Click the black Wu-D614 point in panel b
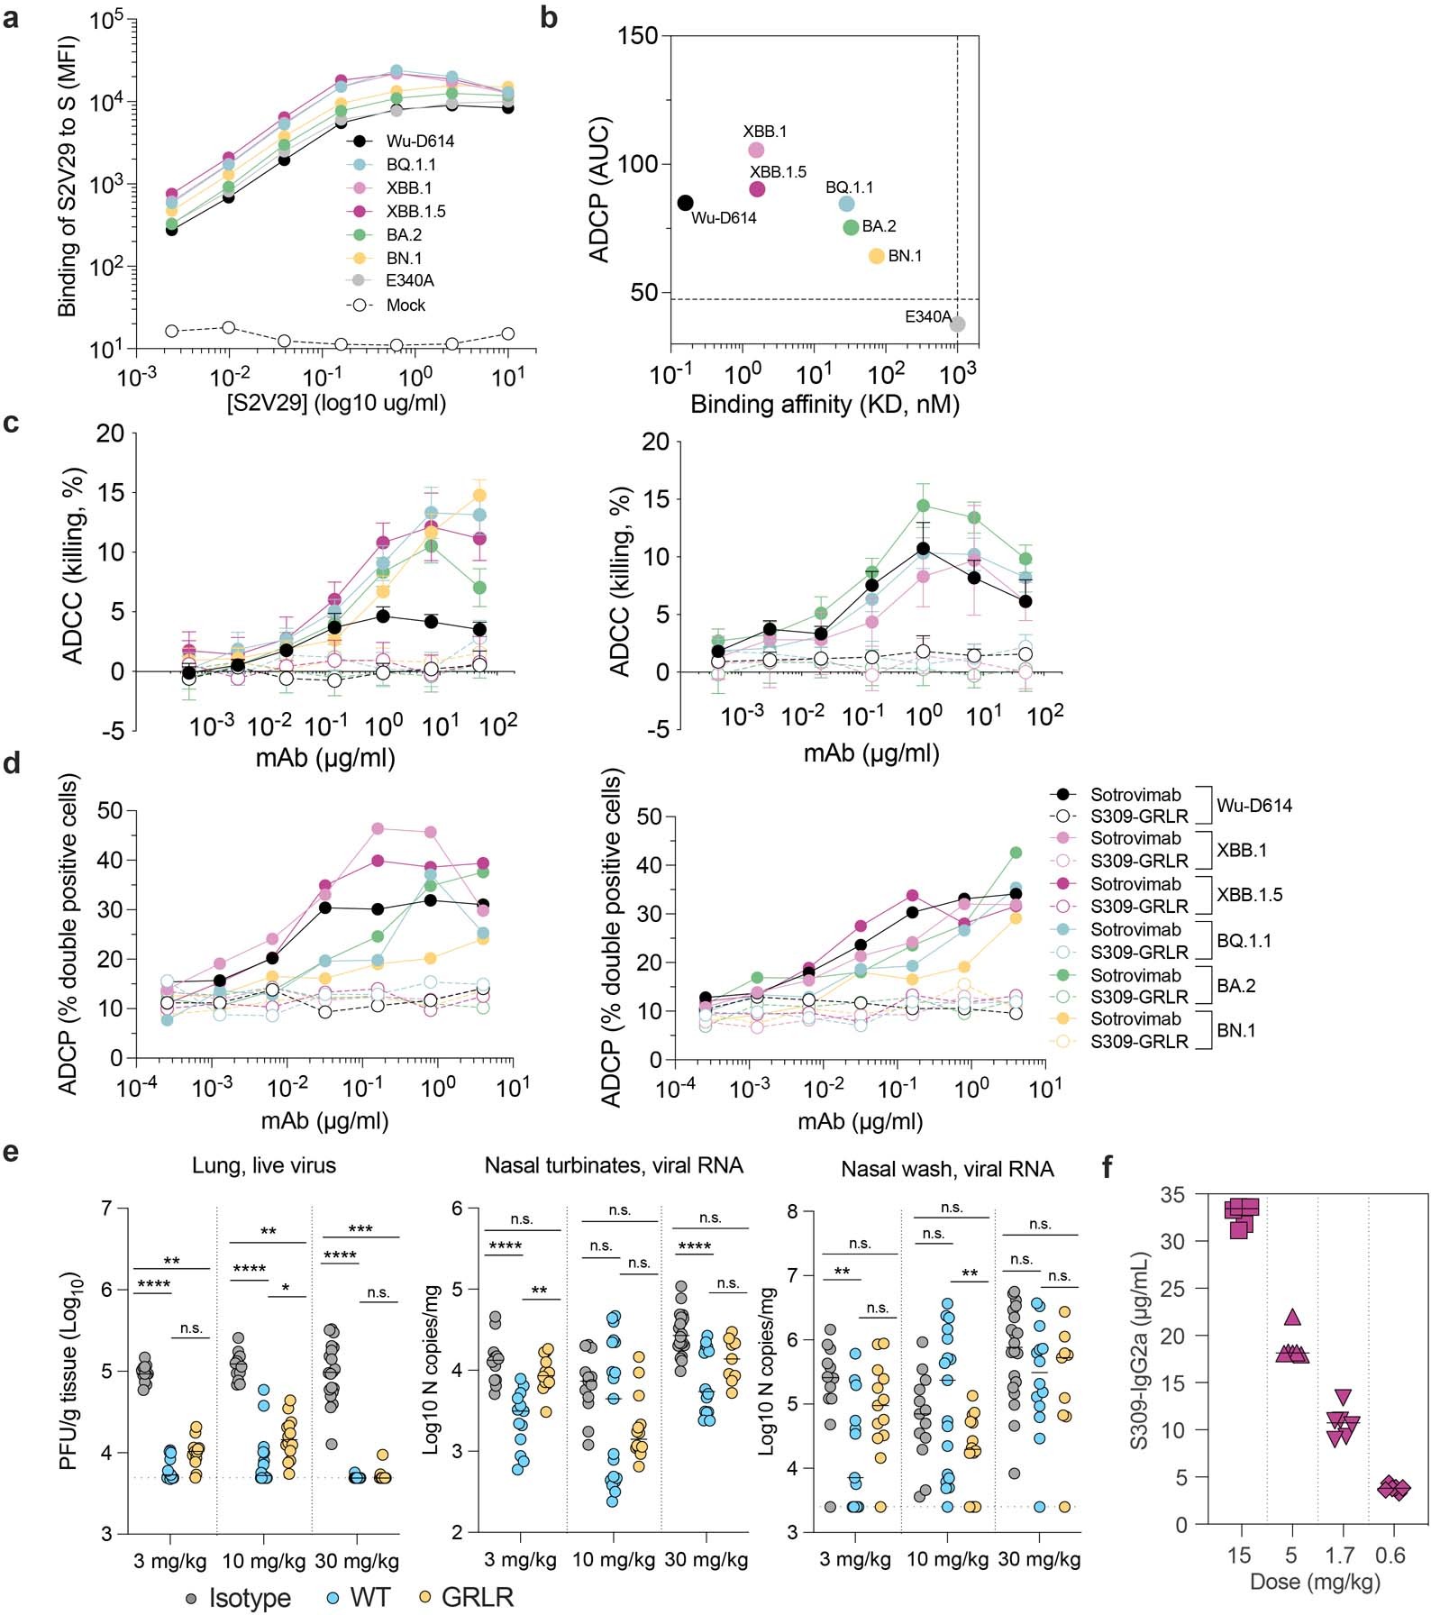coord(685,203)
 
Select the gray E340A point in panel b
coord(957,324)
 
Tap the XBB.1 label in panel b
coord(764,132)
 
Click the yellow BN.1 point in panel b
coord(876,256)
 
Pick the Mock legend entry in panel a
coord(405,306)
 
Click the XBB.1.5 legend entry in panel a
coord(415,212)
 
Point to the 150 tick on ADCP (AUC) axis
coord(639,36)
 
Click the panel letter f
coord(1107,1168)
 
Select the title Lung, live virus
coord(263,1165)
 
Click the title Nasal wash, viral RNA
coord(947,1169)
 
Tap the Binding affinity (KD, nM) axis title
coord(825,404)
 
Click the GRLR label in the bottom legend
coord(477,1596)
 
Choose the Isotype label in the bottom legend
coord(250,1596)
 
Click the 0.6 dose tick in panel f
coord(1390,1555)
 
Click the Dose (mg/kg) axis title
coord(1315,1582)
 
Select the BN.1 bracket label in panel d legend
coord(1235,1030)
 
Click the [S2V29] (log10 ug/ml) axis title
coord(336,403)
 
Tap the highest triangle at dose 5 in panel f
coord(1292,1318)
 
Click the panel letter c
coord(12,422)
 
